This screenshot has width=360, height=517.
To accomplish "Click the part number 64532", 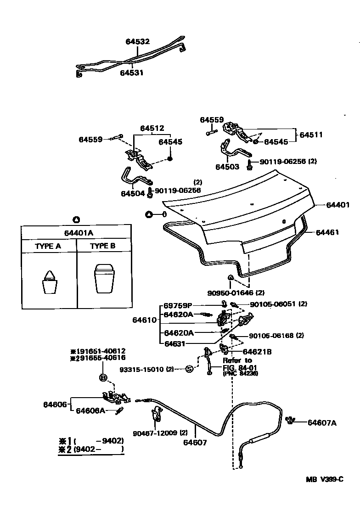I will click(138, 41).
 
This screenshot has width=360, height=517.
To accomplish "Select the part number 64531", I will click(132, 73).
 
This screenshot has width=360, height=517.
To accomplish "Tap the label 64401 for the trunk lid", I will click(338, 205).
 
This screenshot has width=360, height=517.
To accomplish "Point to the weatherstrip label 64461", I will click(327, 232).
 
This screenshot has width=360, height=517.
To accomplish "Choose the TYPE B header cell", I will click(102, 246).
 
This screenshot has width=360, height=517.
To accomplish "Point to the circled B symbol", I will click(103, 378).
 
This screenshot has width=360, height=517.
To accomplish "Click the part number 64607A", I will click(322, 422).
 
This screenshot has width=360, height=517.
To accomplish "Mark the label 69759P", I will click(178, 305).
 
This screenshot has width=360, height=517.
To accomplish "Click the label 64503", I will click(227, 167).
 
